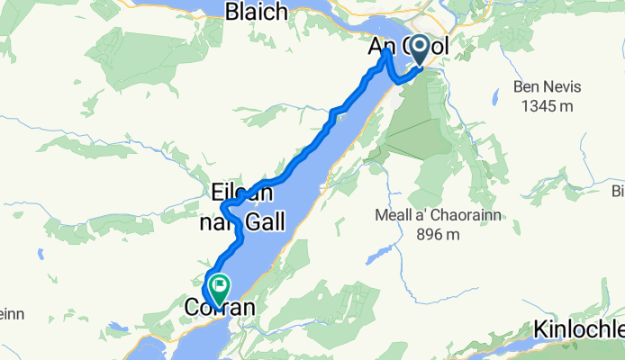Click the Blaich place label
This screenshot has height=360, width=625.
257,12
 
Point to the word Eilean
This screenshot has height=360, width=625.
241,193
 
